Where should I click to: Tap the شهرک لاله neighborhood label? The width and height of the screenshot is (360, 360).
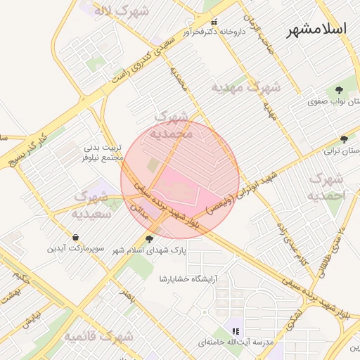(x=125, y=11)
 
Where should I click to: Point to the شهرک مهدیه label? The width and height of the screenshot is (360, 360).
(x=247, y=87)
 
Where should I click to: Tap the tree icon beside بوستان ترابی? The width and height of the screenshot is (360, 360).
(x=344, y=139)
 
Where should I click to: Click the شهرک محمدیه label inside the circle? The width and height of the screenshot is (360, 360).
(x=172, y=124)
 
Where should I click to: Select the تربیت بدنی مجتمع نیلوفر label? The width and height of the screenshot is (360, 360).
(x=103, y=153)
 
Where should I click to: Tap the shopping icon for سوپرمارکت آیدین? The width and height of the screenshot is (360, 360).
(x=75, y=237)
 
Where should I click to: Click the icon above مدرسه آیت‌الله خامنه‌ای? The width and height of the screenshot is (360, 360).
(x=236, y=330)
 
